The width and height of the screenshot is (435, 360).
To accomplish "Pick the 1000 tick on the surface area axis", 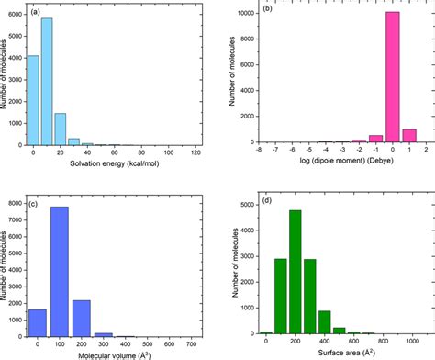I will point(403,342).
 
